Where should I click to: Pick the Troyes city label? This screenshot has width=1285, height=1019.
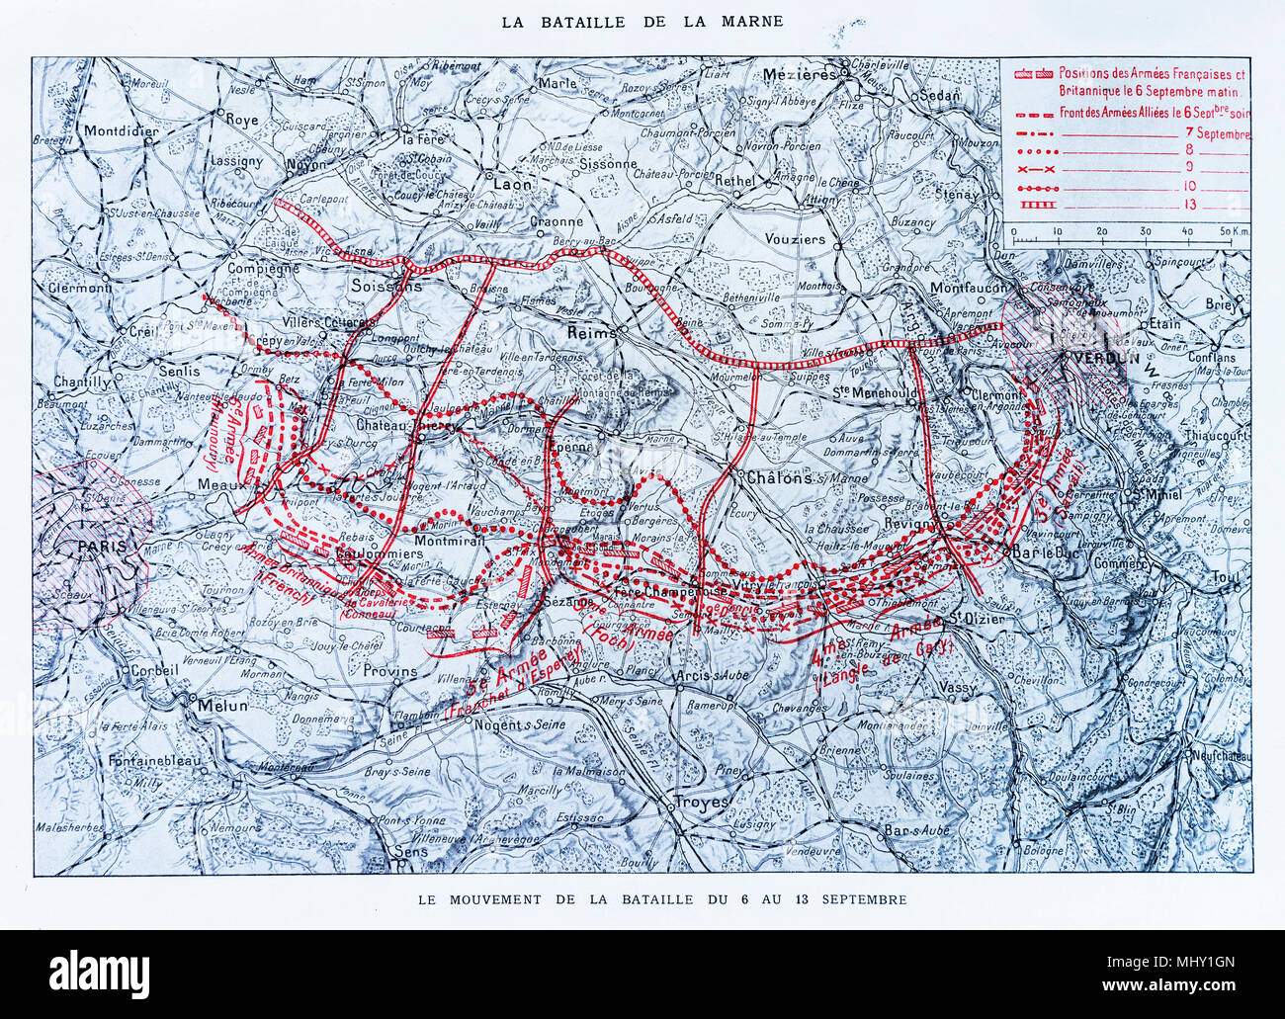point(700,802)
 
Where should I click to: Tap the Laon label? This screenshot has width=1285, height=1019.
point(509,184)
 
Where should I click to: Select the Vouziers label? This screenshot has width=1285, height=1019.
point(793,239)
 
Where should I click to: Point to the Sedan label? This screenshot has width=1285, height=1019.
point(937,96)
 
